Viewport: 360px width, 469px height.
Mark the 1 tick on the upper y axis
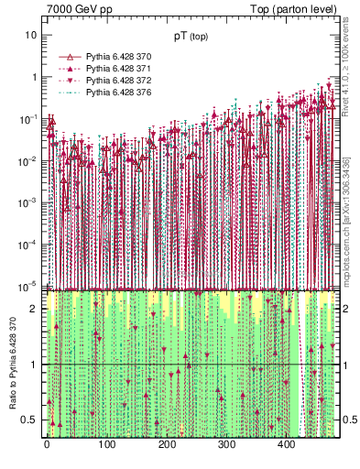pos(35,77)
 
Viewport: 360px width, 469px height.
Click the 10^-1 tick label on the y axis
pos(31,119)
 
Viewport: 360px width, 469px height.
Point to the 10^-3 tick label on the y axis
pos(31,202)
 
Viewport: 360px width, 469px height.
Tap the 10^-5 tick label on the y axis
pos(31,286)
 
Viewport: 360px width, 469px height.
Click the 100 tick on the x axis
pos(106,446)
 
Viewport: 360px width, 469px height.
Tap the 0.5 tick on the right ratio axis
pos(347,420)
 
